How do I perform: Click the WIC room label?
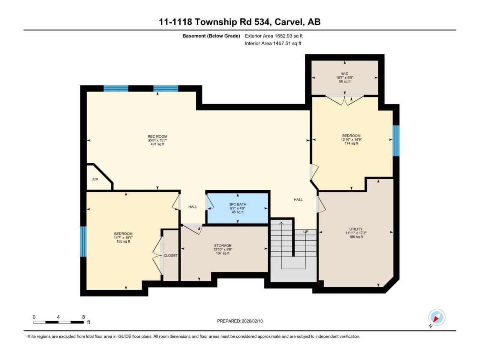(344, 73)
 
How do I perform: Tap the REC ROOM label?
(157, 136)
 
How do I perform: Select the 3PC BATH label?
(237, 204)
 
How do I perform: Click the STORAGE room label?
(223, 246)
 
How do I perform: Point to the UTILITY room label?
(356, 229)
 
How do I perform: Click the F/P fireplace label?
(95, 180)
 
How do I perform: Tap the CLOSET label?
(171, 255)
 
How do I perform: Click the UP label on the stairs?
(306, 232)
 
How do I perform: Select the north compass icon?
(436, 317)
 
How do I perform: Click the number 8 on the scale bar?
(83, 317)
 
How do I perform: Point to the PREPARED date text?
(240, 321)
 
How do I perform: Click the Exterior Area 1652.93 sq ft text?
(274, 36)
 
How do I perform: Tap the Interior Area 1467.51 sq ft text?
(273, 43)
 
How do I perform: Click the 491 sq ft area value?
(157, 144)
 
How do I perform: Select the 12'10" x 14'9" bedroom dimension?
(351, 139)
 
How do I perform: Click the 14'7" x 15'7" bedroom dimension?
(123, 238)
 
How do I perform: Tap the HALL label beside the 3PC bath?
(193, 207)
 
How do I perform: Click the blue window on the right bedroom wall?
(396, 141)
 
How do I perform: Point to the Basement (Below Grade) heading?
(211, 36)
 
